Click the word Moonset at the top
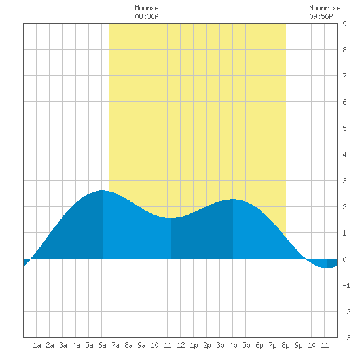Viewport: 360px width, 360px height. click(149, 8)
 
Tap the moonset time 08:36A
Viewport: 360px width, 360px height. click(147, 16)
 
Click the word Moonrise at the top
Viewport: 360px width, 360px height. click(325, 8)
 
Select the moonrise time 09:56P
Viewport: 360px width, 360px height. click(321, 16)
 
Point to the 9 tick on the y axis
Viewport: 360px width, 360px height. click(344, 24)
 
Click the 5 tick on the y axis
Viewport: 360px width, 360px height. click(344, 128)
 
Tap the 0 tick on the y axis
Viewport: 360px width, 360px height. click(344, 259)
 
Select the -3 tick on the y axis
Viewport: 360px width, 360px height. click(346, 338)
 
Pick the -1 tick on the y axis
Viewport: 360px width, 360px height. click(346, 285)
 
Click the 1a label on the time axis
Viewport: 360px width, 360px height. click(37, 345)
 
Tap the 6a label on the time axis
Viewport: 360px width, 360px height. click(102, 345)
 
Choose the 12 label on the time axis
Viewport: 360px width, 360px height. click(181, 345)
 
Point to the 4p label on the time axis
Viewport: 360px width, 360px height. click(233, 345)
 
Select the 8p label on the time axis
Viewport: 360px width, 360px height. click(285, 345)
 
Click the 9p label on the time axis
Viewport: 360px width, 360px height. click(298, 345)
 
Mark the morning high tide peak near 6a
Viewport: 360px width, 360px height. click(102, 190)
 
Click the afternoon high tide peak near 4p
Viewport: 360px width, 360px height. click(233, 199)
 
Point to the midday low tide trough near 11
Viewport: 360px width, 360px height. click(171, 218)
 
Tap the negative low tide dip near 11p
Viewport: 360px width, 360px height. click(327, 268)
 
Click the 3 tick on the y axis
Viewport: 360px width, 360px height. click(344, 181)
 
